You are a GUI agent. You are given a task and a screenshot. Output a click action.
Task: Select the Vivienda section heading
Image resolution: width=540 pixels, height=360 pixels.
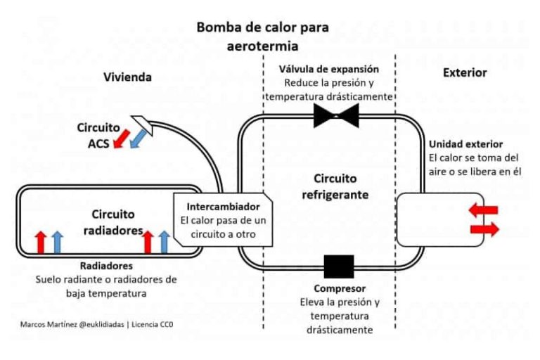(x=127, y=77)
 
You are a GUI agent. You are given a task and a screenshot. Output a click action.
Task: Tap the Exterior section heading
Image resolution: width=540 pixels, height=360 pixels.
(x=464, y=72)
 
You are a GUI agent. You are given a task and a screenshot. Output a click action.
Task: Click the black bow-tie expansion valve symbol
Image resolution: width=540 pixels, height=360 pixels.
(x=337, y=117)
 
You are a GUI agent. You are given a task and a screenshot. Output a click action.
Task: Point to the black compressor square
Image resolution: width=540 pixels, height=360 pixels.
(x=339, y=266)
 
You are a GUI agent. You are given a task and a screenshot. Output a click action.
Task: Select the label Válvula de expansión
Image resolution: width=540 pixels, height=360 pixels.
(x=329, y=69)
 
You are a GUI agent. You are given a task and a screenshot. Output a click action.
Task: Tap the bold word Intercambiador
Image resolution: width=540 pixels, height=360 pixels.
(x=223, y=207)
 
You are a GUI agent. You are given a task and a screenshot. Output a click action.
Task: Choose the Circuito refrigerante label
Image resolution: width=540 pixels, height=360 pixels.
(x=330, y=187)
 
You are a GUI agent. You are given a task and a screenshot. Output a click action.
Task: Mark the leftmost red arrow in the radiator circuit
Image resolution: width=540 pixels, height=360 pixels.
(x=41, y=242)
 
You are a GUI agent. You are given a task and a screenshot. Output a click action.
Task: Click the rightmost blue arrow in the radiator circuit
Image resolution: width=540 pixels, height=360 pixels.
(x=165, y=242)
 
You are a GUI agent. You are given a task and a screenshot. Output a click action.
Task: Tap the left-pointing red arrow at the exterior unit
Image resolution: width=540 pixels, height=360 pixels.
(x=484, y=210)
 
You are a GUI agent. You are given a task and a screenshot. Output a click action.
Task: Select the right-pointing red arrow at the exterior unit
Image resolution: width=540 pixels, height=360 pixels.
(x=484, y=229)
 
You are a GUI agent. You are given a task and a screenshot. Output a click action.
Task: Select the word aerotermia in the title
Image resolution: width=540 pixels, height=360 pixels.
(x=263, y=46)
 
